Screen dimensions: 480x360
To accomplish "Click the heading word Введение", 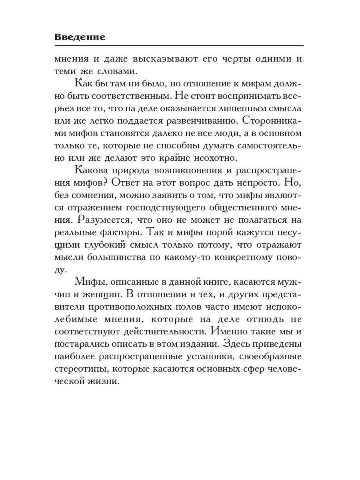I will (x=80, y=37).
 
